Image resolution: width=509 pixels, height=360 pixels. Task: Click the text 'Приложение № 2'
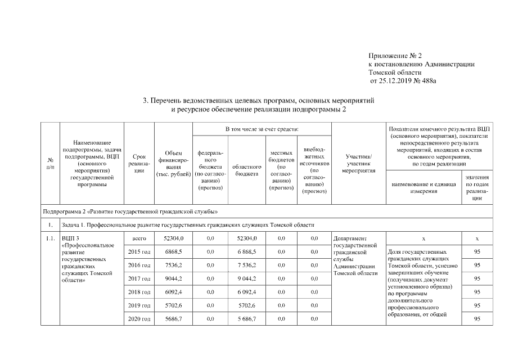click(395, 56)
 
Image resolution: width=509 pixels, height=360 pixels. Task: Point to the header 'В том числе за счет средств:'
click(262, 130)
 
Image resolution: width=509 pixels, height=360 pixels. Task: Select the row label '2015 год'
click(139, 251)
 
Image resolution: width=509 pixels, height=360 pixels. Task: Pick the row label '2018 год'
click(139, 292)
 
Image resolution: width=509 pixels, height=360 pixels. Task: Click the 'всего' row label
click(139, 238)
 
